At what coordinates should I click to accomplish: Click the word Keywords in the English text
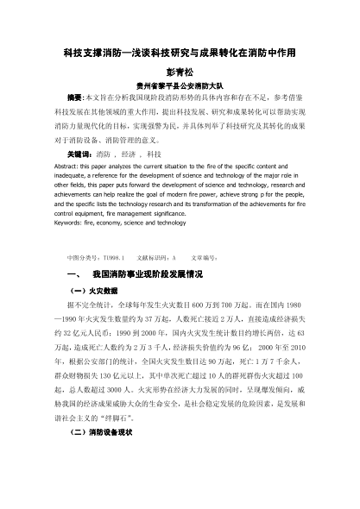click(x=69, y=223)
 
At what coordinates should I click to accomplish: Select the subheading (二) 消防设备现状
click(x=98, y=480)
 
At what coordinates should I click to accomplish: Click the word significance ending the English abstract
click(x=157, y=211)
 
